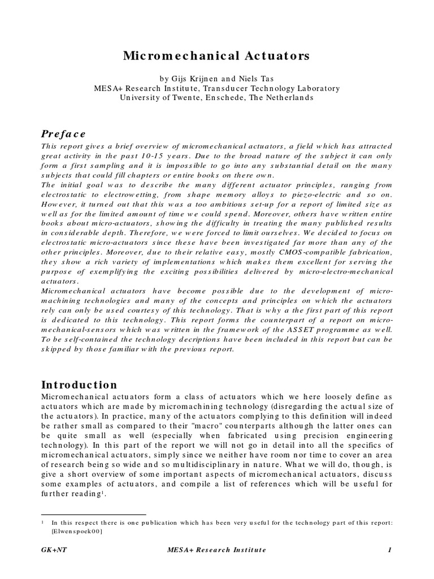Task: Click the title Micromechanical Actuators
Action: (216, 56)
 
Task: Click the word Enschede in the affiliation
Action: (222, 97)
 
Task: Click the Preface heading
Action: (63, 133)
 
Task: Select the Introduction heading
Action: (79, 384)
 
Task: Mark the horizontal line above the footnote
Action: (94, 515)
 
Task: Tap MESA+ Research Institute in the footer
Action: (216, 550)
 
